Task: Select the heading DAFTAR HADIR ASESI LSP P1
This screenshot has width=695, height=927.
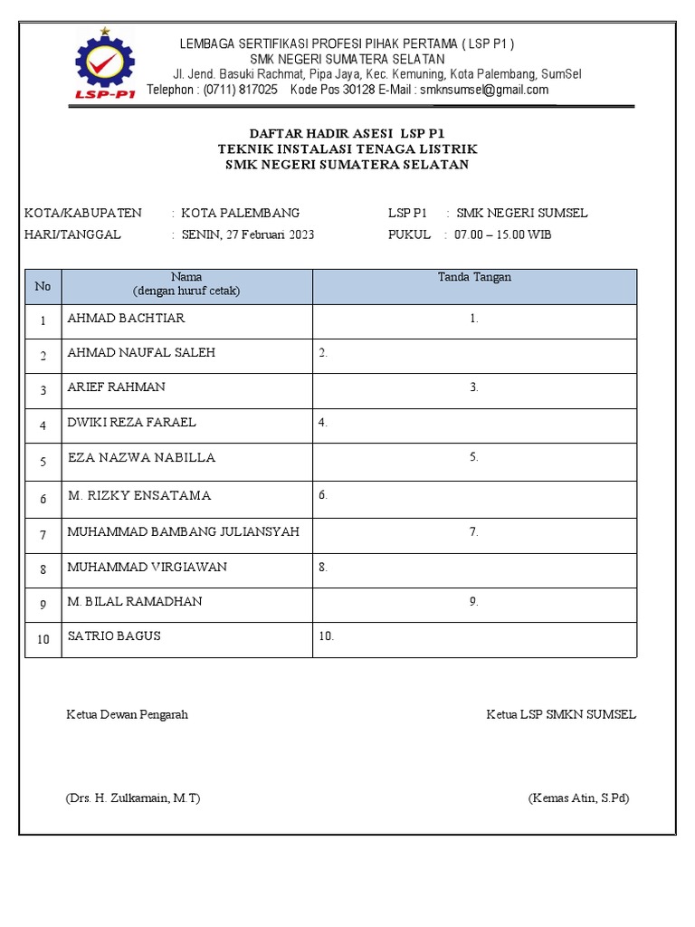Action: coord(347,133)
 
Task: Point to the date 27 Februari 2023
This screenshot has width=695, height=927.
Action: coord(271,234)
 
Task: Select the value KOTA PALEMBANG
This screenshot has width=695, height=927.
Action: coord(241,213)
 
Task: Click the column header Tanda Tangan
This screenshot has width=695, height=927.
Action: coord(474,278)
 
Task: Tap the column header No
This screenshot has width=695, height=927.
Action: coord(43,286)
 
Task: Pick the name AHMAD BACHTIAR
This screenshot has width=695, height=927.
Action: coord(126,319)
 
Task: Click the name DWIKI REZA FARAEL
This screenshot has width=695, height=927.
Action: coord(131,422)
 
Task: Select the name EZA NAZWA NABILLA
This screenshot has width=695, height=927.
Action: coord(141,457)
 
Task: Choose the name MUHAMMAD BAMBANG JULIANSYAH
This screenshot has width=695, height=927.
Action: coord(183,531)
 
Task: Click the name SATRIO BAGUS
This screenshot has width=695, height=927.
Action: coord(114,636)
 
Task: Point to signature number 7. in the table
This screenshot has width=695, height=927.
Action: coord(473,532)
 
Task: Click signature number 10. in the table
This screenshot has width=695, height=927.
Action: coord(326,636)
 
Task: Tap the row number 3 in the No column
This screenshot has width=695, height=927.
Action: coord(43,391)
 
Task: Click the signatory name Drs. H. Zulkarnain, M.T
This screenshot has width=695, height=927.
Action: coord(133,798)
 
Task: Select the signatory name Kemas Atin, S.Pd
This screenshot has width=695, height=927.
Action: coord(578,798)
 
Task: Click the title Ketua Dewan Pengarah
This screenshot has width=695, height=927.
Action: coord(128,714)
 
